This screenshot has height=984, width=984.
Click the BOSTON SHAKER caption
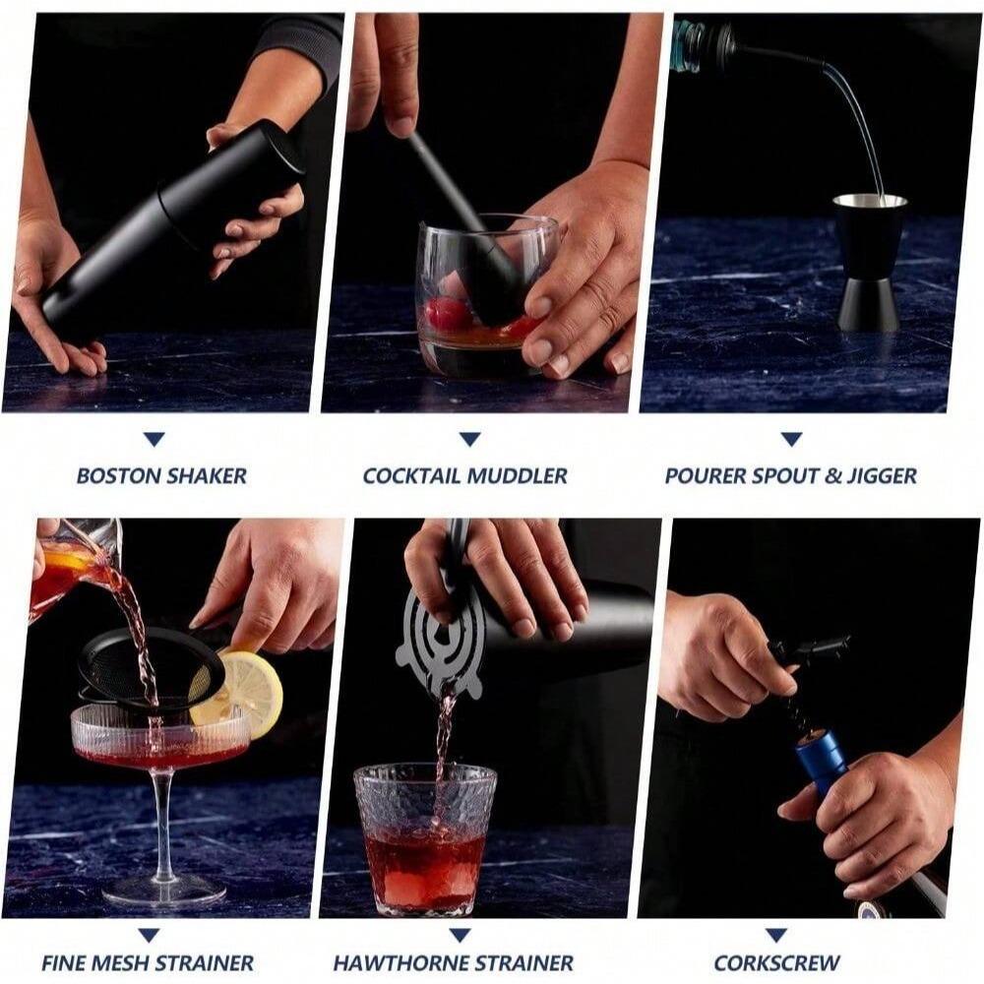pos(161,476)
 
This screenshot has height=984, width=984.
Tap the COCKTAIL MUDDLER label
pos(464,476)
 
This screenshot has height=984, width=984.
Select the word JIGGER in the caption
pos(882,476)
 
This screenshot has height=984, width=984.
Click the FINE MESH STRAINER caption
pos(148,962)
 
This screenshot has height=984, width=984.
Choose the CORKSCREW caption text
pos(776,962)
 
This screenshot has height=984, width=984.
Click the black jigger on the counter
pos(870,261)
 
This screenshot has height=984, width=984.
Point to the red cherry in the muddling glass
pos(449,313)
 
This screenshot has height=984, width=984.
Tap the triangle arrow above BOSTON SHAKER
pos(154,439)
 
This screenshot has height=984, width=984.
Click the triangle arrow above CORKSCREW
pos(776,934)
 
